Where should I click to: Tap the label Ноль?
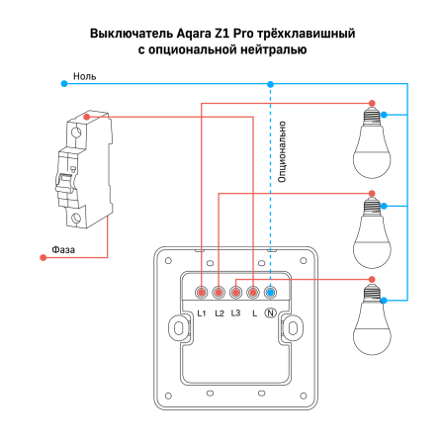tap(85, 75)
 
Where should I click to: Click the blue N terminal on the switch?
tap(271, 293)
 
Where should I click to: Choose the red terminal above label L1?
tap(202, 293)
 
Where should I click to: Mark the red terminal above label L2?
tap(219, 293)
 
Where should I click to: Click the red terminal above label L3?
tap(236, 293)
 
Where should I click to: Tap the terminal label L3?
tap(235, 313)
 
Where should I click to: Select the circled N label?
tap(271, 313)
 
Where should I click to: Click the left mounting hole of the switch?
tap(177, 327)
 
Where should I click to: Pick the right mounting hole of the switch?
tap(294, 327)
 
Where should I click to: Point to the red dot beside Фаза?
tap(43, 258)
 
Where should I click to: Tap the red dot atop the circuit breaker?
tap(88, 117)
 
